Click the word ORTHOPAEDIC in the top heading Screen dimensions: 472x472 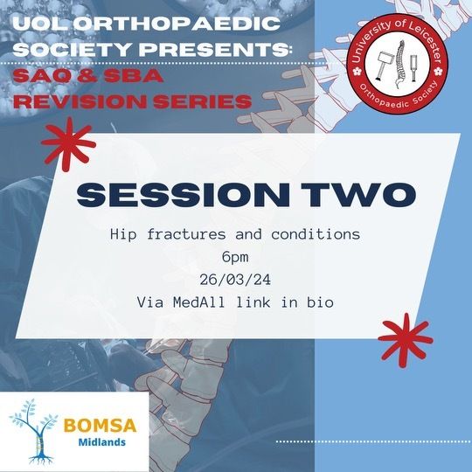pos(177,24)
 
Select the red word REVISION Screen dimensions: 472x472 pos(80,101)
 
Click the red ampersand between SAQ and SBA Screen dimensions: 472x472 pos(86,75)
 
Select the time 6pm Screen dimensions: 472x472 pos(235,258)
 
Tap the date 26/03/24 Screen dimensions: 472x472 pos(235,281)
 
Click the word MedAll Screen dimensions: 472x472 pos(199,302)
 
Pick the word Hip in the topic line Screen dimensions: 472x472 pos(123,234)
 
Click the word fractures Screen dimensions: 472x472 pos(186,234)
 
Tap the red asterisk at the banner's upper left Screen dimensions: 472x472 pos(68,144)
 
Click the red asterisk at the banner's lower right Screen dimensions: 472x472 pos(406,341)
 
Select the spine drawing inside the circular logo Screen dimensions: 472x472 pos(399,65)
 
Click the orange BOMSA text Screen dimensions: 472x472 pos(100,426)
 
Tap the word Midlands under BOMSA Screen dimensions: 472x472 pos(101,442)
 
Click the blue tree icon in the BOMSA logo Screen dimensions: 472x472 pos(36,432)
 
